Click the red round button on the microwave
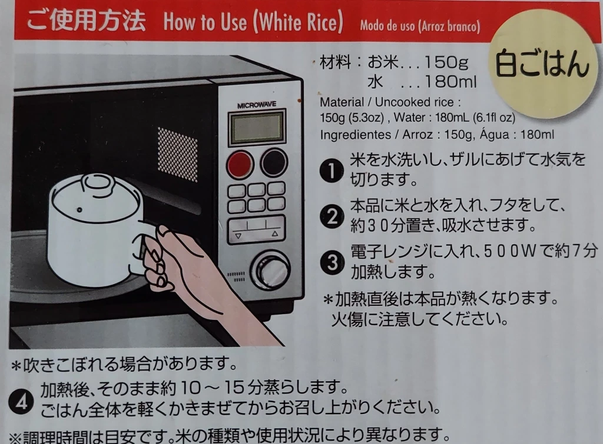(240, 164)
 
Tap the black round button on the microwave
(273, 162)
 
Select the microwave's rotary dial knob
(270, 269)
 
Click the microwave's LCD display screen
(257, 128)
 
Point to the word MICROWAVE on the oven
(257, 105)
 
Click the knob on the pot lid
(98, 183)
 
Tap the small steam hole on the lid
(79, 210)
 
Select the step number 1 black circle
(332, 170)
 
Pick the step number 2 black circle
(332, 216)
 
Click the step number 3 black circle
(332, 263)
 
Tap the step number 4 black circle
(21, 402)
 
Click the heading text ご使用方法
(86, 21)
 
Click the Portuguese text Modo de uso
(387, 26)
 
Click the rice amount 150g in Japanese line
(446, 62)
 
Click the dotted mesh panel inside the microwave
(177, 155)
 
